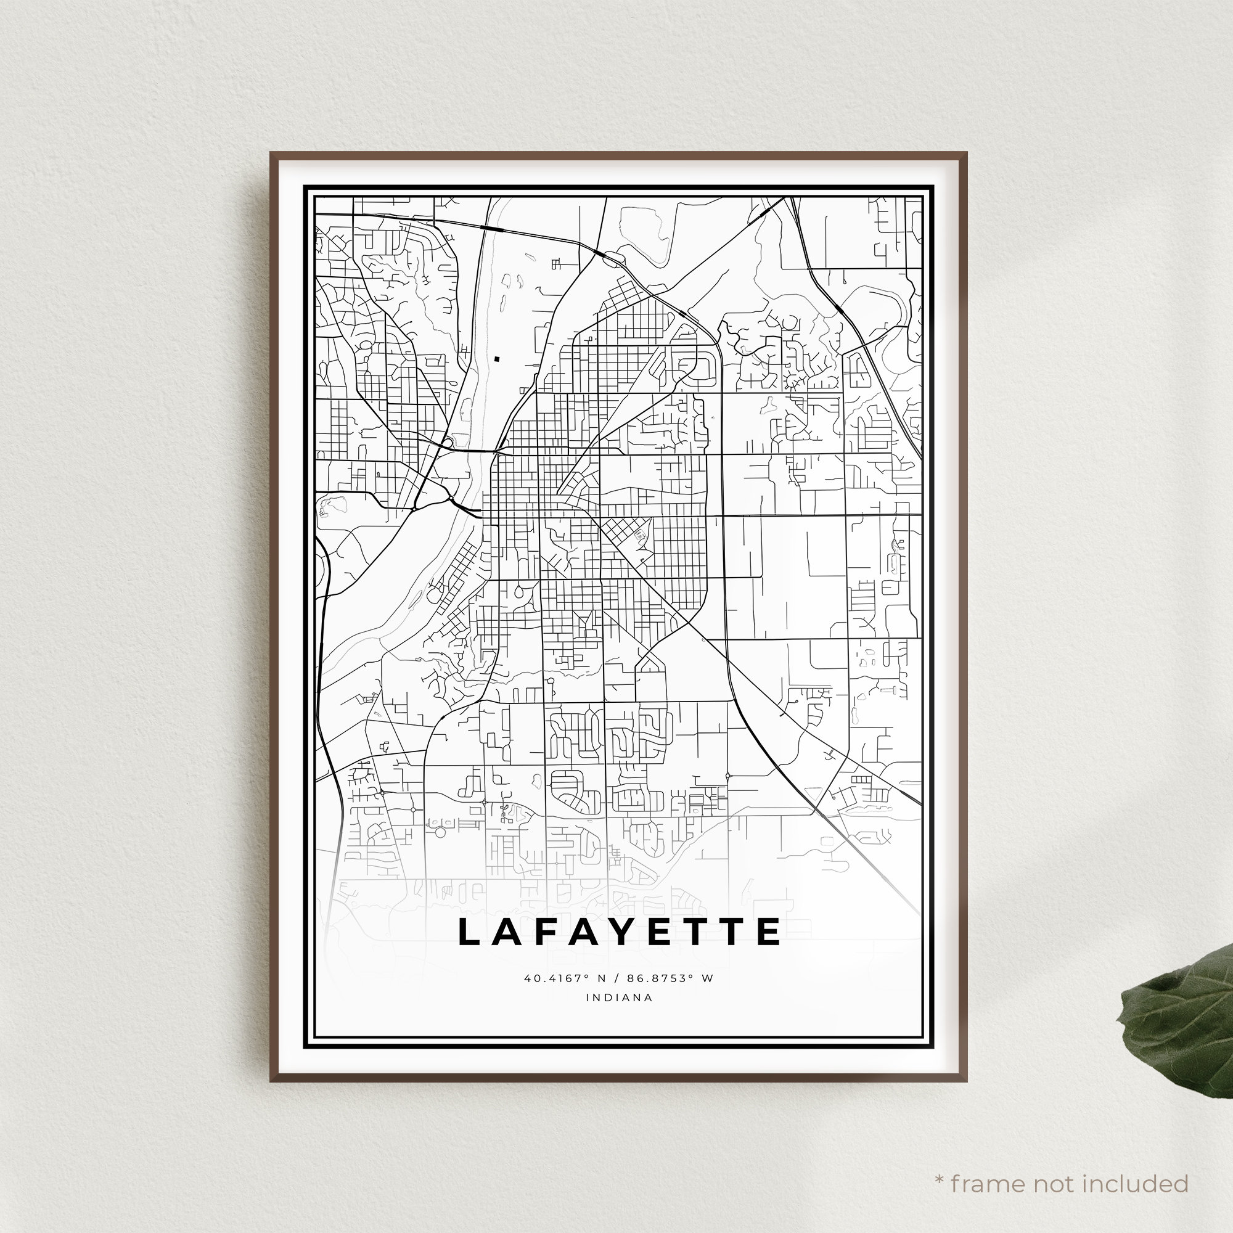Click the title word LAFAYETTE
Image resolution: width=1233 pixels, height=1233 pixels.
(619, 932)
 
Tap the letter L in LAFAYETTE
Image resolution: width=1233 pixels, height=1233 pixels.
(470, 932)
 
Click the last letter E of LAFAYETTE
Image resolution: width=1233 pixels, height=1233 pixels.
(769, 932)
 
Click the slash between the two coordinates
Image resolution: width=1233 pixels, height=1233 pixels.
(616, 978)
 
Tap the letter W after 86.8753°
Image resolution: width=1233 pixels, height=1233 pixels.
(707, 978)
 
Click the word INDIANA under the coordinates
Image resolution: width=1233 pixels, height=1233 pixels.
(619, 997)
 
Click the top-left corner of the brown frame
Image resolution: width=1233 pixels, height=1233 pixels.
(271, 153)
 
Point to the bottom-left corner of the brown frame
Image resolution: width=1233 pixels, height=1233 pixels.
(271, 1080)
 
